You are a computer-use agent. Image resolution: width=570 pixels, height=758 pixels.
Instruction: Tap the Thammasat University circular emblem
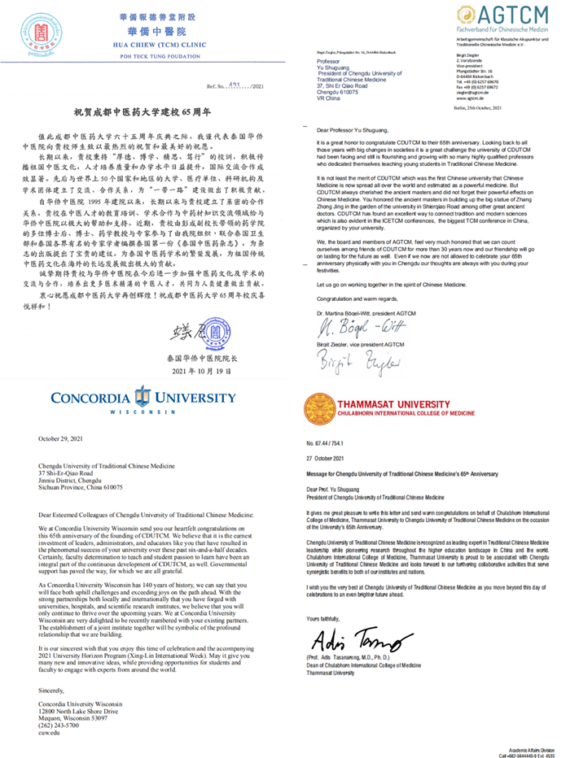(x=316, y=404)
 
